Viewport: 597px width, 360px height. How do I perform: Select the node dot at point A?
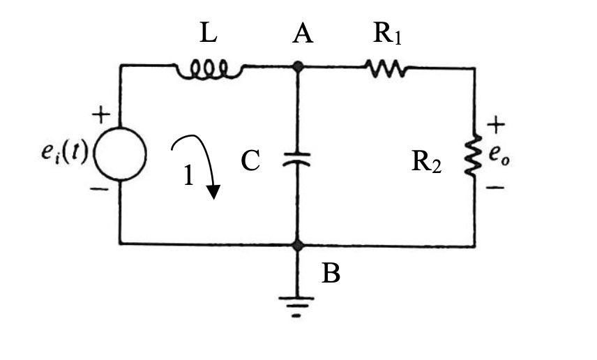(298, 67)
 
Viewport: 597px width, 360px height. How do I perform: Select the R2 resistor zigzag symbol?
(475, 156)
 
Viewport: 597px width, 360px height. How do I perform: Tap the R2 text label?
(426, 162)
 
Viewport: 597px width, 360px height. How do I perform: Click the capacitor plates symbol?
(298, 160)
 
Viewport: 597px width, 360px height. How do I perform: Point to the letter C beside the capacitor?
(250, 161)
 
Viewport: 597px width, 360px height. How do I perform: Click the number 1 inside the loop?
(188, 176)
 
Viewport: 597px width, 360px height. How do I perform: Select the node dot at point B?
(298, 246)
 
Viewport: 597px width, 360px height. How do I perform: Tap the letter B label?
(331, 273)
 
